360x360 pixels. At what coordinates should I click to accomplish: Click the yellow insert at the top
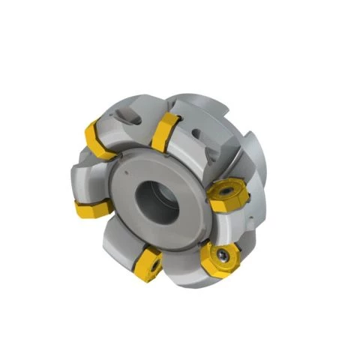point(166,133)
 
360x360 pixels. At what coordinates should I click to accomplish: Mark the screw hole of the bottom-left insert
point(152,263)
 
